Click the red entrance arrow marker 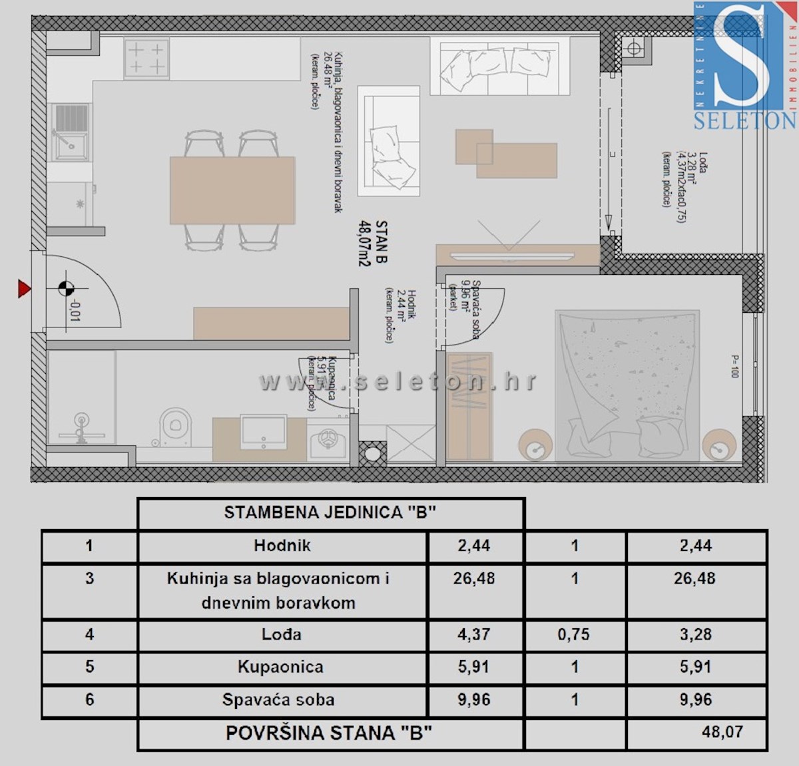point(25,289)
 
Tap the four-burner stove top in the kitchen point(146,59)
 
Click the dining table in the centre point(232,190)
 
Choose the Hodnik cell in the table point(282,546)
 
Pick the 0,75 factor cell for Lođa point(574,635)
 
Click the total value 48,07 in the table point(722,732)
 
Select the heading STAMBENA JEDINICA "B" point(330,512)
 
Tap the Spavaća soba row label point(278,700)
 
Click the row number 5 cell point(90,667)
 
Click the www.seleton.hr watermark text point(398,382)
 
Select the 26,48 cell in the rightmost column point(695,578)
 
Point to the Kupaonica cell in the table point(280,667)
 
